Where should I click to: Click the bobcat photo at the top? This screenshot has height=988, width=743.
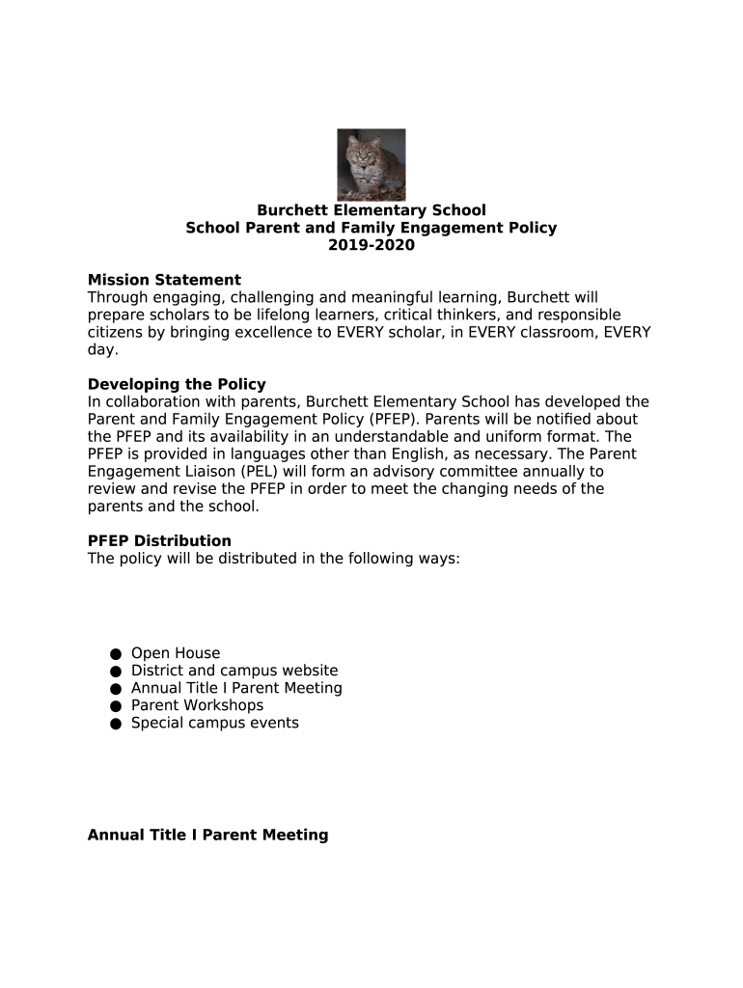pyautogui.click(x=371, y=164)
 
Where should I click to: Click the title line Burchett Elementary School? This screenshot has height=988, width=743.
pyautogui.click(x=371, y=210)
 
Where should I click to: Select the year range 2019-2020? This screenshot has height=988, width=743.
pyautogui.click(x=371, y=245)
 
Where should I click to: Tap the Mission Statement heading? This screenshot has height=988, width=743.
pyautogui.click(x=164, y=281)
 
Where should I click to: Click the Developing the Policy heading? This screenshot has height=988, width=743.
pyautogui.click(x=177, y=385)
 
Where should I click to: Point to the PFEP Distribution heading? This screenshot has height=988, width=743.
pyautogui.click(x=159, y=541)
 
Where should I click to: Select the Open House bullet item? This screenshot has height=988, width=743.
pyautogui.click(x=176, y=654)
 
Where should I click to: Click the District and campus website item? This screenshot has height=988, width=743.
pyautogui.click(x=234, y=672)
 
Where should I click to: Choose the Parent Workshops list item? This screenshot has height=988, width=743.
pyautogui.click(x=197, y=706)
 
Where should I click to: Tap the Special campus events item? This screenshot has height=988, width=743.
pyautogui.click(x=215, y=724)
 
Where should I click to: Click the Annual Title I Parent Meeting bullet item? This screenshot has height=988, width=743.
pyautogui.click(x=236, y=689)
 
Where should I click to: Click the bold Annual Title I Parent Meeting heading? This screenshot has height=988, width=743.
pyautogui.click(x=207, y=836)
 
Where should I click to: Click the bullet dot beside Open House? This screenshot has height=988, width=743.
pyautogui.click(x=115, y=654)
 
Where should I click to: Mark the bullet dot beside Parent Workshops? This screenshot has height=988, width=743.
pyautogui.click(x=115, y=706)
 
